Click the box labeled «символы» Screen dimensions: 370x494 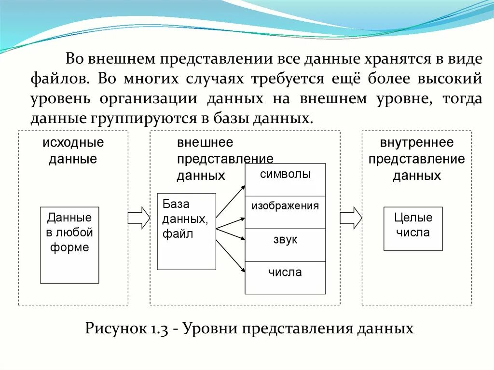(x=285, y=179)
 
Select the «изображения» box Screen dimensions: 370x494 (x=285, y=212)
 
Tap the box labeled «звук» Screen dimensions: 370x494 (x=285, y=245)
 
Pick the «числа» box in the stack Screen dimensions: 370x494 (x=285, y=277)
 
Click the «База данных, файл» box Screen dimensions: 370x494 (x=186, y=232)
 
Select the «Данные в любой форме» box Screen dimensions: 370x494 (x=69, y=245)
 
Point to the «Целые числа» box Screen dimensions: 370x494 (x=413, y=229)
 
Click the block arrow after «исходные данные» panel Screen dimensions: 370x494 (x=139, y=218)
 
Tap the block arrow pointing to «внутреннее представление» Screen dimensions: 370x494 (x=351, y=218)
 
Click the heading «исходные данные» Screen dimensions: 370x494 (x=73, y=151)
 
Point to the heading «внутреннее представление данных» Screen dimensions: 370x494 (x=417, y=159)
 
